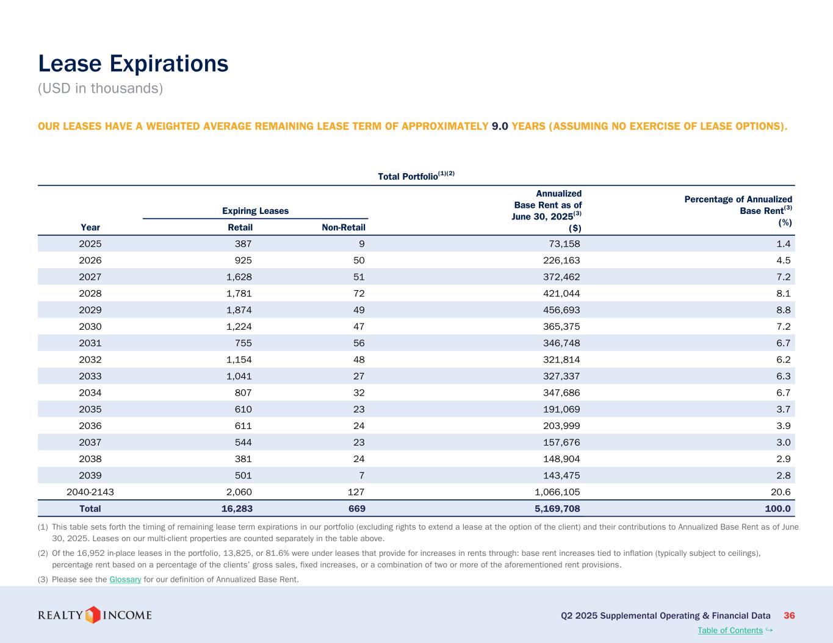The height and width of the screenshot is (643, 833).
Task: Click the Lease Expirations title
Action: (x=133, y=63)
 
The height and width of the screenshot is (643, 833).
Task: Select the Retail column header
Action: (x=240, y=227)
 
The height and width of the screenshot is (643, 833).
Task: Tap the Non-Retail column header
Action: (x=343, y=227)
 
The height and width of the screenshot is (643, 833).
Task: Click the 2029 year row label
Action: (x=90, y=310)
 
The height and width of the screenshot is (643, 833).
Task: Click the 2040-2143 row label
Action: (x=90, y=492)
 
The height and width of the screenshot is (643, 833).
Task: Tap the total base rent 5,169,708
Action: (x=557, y=508)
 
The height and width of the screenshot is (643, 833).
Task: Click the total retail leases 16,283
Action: (x=237, y=508)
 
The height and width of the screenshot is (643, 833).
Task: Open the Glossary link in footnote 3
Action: (x=125, y=579)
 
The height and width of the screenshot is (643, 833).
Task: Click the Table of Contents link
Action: (x=730, y=630)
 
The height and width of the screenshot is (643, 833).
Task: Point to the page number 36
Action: (x=789, y=616)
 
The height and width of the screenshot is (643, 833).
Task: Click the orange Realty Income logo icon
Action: (x=92, y=615)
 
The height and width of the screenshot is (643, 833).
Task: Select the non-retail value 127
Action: (x=356, y=492)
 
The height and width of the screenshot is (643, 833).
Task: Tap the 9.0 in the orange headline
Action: (x=500, y=126)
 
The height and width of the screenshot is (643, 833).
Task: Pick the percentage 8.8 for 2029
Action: (x=783, y=310)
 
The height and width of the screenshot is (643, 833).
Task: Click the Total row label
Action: (x=90, y=508)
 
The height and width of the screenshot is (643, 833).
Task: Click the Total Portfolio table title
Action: (x=416, y=176)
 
